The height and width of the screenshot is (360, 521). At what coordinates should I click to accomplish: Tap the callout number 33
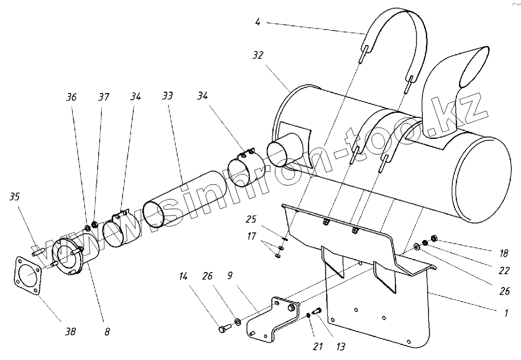pyautogui.click(x=167, y=96)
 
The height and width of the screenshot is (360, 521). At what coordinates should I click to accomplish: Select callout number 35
pyautogui.click(x=15, y=197)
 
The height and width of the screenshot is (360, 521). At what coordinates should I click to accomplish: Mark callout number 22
pyautogui.click(x=504, y=270)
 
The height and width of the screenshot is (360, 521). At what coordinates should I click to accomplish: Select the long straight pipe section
pyautogui.click(x=182, y=199)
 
